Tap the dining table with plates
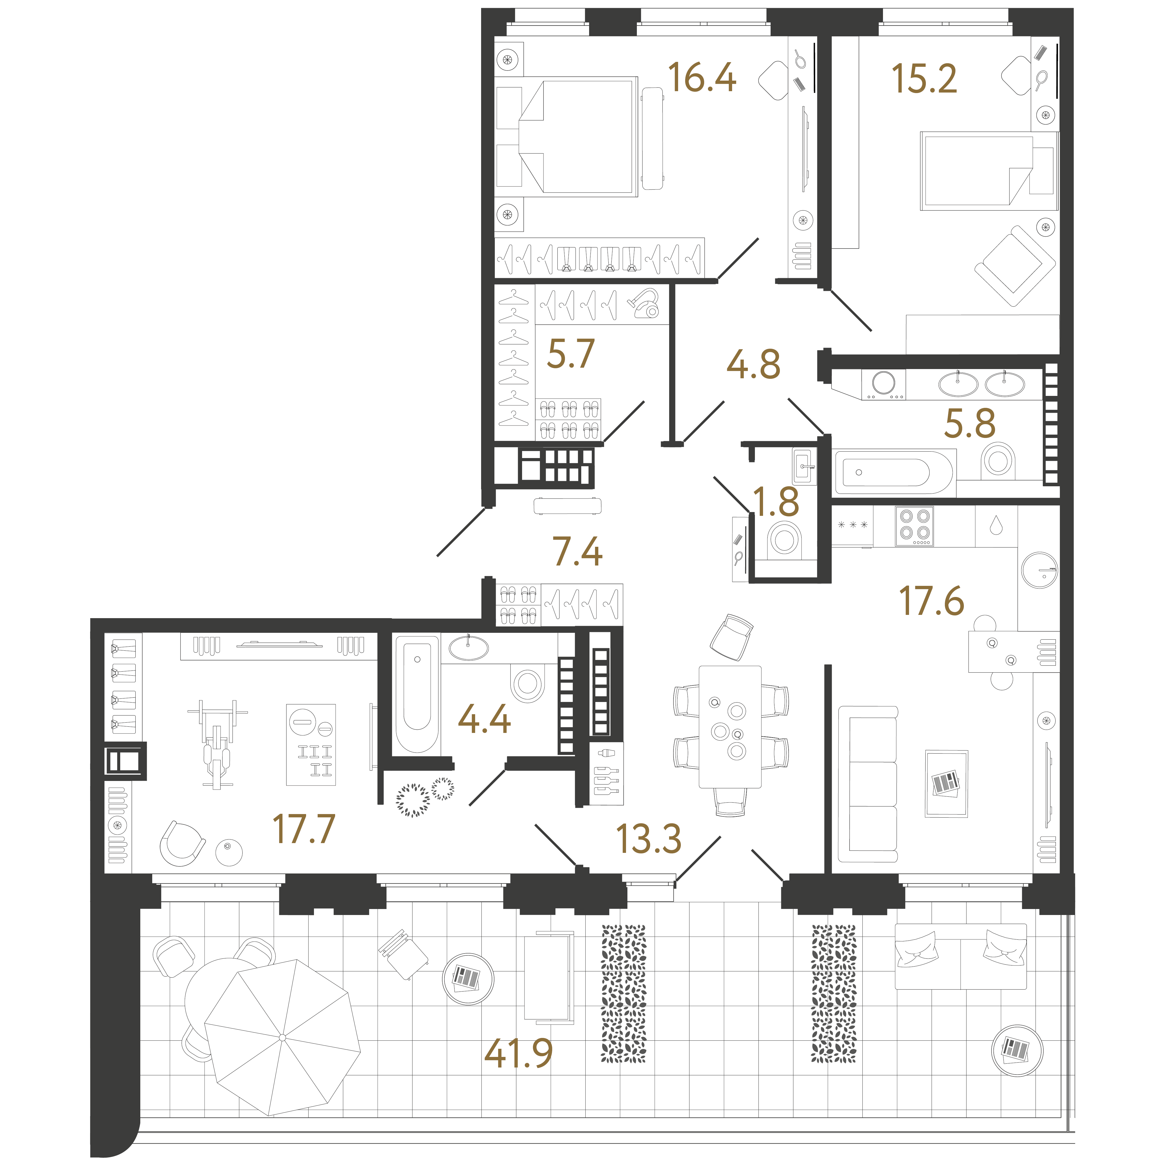coord(730,727)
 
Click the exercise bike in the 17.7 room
coord(217,745)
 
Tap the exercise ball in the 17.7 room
coord(229,852)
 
